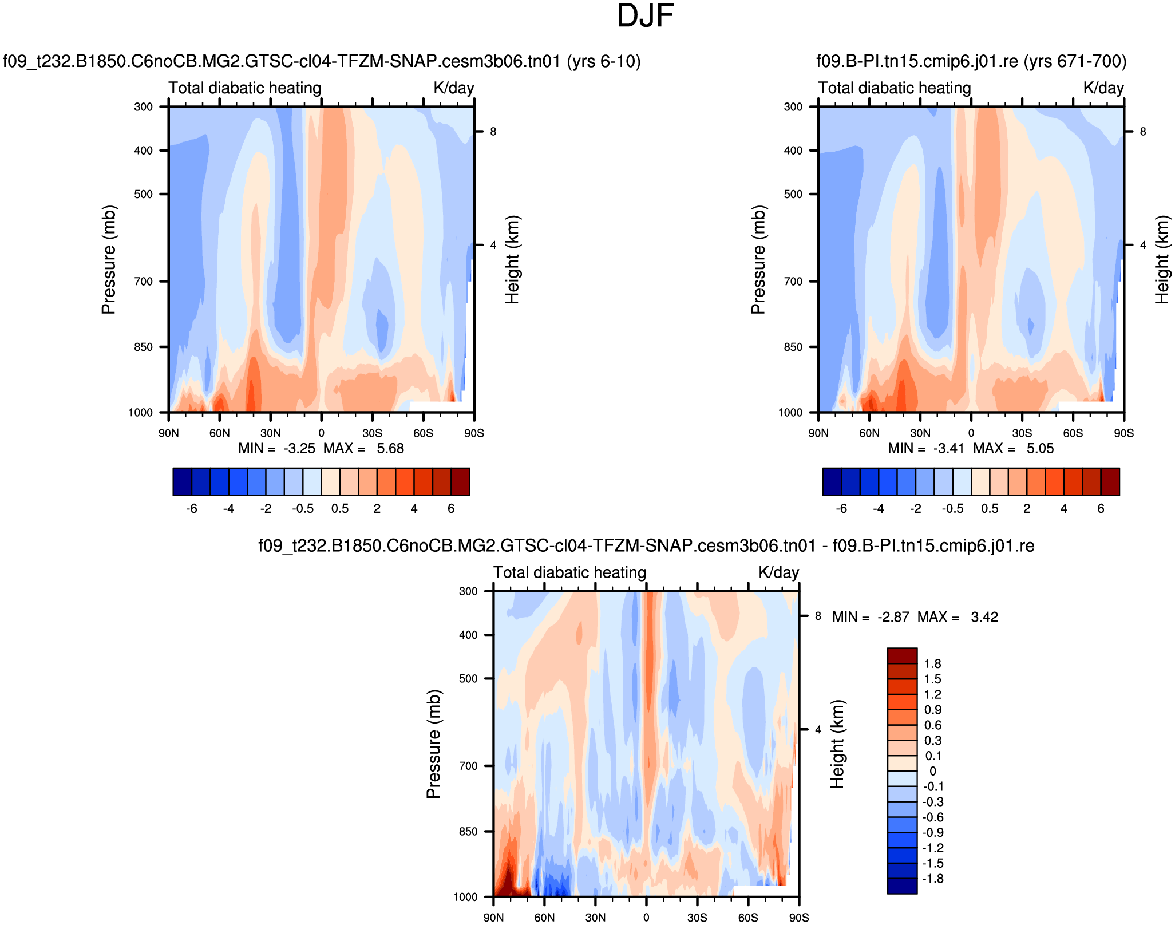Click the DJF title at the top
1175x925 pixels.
pyautogui.click(x=645, y=16)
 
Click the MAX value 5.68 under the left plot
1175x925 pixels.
pyautogui.click(x=390, y=449)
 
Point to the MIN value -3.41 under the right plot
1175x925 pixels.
pyautogui.click(x=949, y=449)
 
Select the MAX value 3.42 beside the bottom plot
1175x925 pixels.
pyautogui.click(x=984, y=617)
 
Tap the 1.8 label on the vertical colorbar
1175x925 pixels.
pyautogui.click(x=933, y=664)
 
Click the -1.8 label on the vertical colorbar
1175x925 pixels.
pyautogui.click(x=932, y=879)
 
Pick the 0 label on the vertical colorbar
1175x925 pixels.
pyautogui.click(x=933, y=771)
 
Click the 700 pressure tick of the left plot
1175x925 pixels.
pyautogui.click(x=143, y=282)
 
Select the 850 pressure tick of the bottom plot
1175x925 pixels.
pyautogui.click(x=468, y=832)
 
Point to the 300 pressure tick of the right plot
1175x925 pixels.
pyautogui.click(x=793, y=107)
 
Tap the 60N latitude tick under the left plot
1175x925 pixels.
pyautogui.click(x=219, y=433)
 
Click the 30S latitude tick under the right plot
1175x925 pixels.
pyautogui.click(x=1022, y=433)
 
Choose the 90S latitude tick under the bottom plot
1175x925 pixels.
pyautogui.click(x=799, y=918)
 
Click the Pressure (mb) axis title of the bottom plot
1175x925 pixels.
pyautogui.click(x=433, y=744)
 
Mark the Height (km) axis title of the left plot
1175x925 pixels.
pyautogui.click(x=512, y=259)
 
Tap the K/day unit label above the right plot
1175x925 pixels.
pyautogui.click(x=1103, y=88)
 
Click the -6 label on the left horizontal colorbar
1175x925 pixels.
pyautogui.click(x=192, y=509)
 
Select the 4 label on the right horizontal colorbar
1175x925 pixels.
pyautogui.click(x=1064, y=509)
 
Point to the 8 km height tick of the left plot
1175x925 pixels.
pyautogui.click(x=493, y=132)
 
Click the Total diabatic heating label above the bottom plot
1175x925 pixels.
pyautogui.click(x=569, y=572)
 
